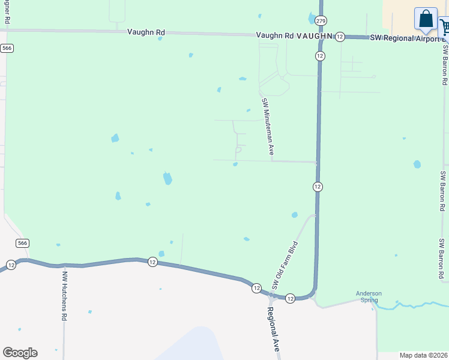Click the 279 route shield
(321, 21)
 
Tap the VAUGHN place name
(313, 36)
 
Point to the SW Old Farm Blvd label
(285, 265)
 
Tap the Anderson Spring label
(369, 297)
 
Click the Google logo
(20, 353)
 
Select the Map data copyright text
(423, 355)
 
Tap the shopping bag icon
(426, 19)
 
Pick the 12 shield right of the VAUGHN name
(340, 37)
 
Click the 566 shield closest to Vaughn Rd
(7, 48)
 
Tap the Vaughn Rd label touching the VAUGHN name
(274, 36)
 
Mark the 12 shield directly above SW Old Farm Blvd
(318, 187)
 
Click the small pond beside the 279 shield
(312, 19)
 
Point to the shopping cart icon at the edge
(445, 27)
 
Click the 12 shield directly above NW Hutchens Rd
(11, 265)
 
